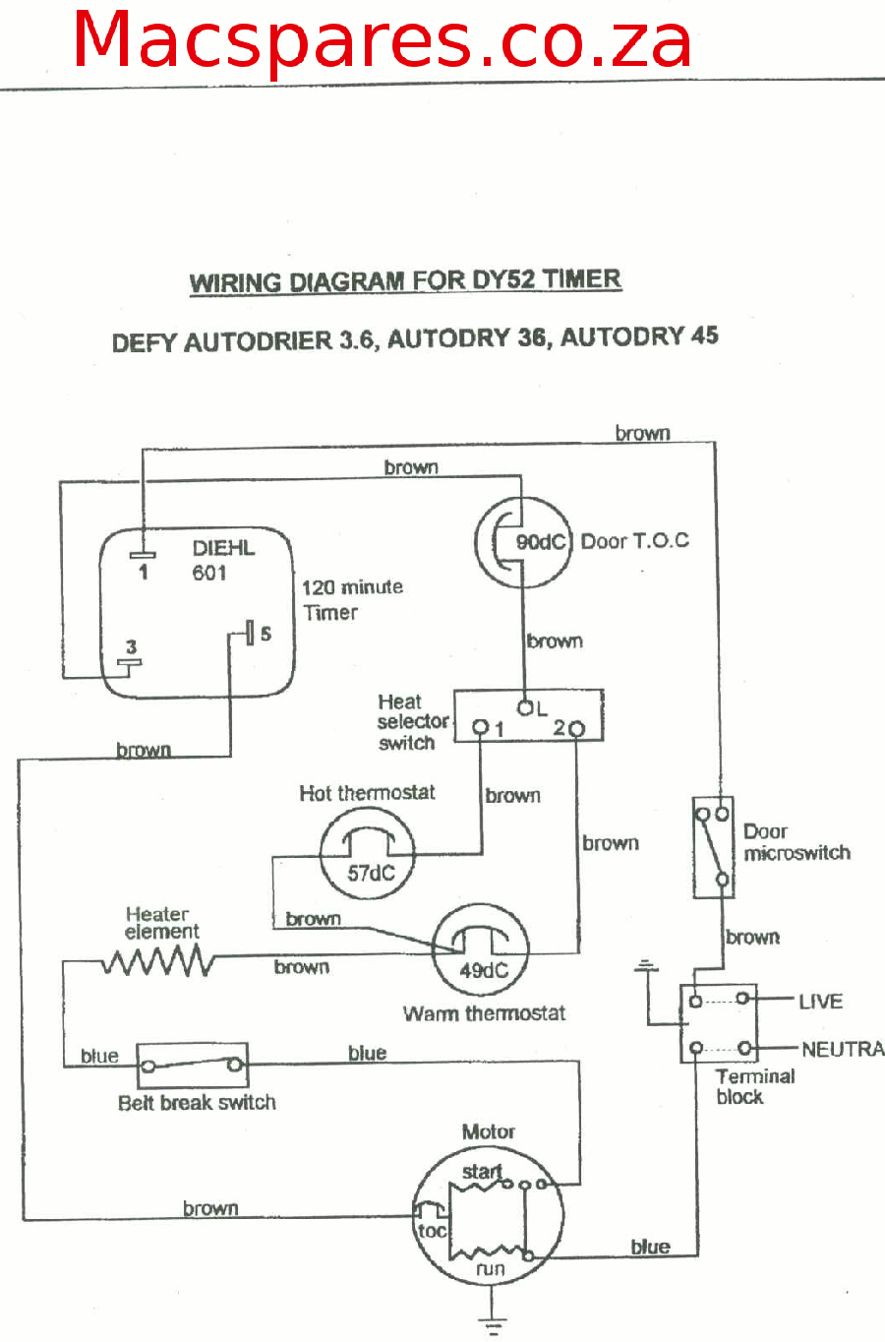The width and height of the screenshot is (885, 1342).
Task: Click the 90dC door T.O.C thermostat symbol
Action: tap(523, 542)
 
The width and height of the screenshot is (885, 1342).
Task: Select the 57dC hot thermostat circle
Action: tap(367, 853)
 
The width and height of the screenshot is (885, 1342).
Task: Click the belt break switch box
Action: tap(192, 1066)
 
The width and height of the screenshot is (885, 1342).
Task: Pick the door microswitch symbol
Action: tap(713, 847)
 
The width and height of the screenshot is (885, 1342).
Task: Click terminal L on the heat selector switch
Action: tap(525, 707)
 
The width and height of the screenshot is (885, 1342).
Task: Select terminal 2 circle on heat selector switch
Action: tap(576, 729)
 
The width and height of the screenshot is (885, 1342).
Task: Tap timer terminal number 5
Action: tap(265, 634)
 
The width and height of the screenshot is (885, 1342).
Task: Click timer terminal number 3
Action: tap(131, 646)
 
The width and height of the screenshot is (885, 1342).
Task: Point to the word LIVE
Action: tap(820, 1002)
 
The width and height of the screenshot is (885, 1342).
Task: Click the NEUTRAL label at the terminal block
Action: tap(843, 1049)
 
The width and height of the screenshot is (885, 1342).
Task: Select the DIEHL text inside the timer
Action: tap(223, 548)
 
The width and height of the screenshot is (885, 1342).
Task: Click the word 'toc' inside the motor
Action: tap(433, 1231)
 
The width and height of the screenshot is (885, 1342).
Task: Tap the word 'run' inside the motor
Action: tap(491, 1269)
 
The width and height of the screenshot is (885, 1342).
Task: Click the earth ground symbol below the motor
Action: tap(493, 1326)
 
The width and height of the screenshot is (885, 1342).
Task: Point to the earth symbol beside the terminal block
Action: tap(646, 965)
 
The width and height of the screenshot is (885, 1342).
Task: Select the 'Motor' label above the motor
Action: tap(488, 1131)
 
